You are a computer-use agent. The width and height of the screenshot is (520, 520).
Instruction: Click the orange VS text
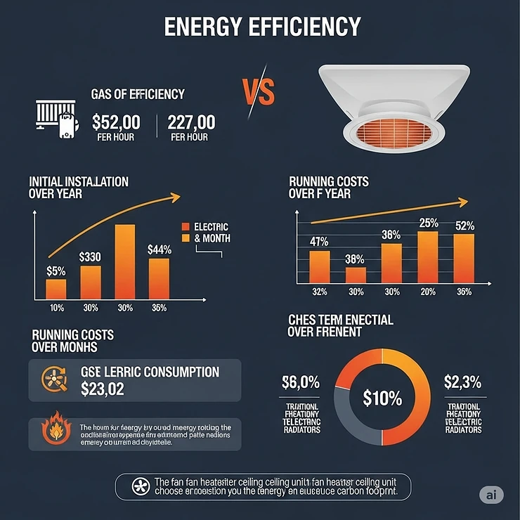point(257,91)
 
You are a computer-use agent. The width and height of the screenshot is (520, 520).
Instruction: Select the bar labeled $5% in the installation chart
point(56,288)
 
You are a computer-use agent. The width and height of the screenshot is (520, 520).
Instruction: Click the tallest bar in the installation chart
point(125,261)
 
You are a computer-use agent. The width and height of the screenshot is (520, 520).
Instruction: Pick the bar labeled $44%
point(160,278)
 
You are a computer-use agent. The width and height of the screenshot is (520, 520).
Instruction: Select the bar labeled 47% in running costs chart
point(320,266)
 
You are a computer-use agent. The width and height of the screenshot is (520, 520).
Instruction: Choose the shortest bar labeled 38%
point(356,275)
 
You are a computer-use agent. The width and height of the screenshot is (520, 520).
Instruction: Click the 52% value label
point(464,226)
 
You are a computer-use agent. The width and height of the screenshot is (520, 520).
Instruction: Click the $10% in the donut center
point(382,398)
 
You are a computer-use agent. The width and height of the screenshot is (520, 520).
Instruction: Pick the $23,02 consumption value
point(103,389)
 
